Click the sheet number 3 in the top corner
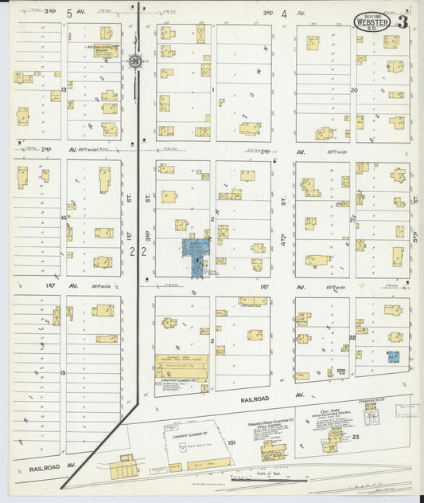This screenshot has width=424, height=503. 403,22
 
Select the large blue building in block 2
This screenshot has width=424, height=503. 194,248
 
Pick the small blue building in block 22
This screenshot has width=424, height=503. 391,358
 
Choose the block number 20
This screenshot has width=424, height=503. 354,90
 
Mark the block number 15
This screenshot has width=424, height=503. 63,371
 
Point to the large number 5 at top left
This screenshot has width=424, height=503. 69,14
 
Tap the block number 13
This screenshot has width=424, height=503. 63,90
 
